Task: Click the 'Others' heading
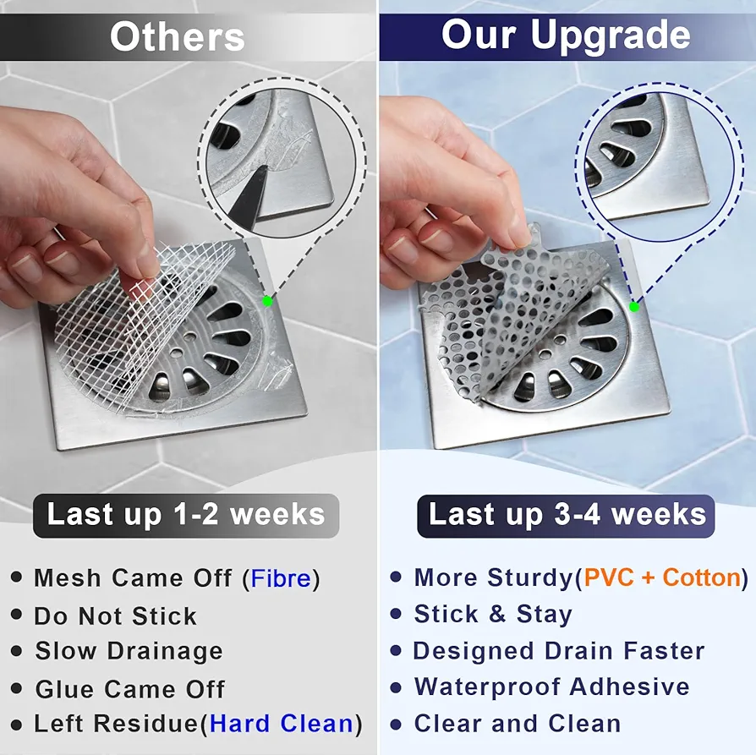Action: (x=178, y=36)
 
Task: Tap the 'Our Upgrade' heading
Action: (x=566, y=36)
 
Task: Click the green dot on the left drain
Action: (x=267, y=301)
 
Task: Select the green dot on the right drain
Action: (x=634, y=307)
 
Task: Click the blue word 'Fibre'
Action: (x=281, y=578)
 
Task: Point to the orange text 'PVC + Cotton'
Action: (x=662, y=577)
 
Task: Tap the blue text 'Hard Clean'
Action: (x=282, y=724)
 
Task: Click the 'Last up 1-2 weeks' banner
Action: (x=186, y=515)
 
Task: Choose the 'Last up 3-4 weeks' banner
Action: (x=566, y=515)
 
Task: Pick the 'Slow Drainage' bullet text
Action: (x=129, y=651)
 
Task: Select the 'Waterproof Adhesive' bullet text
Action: (x=551, y=687)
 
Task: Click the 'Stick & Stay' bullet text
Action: (x=493, y=614)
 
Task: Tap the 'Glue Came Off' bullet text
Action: (x=129, y=689)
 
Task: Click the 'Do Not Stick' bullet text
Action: (x=115, y=615)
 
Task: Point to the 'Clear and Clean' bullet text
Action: (x=518, y=724)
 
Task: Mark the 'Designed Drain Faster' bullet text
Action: (x=559, y=651)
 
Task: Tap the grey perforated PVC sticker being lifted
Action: (x=525, y=309)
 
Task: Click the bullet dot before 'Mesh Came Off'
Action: (x=16, y=577)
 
